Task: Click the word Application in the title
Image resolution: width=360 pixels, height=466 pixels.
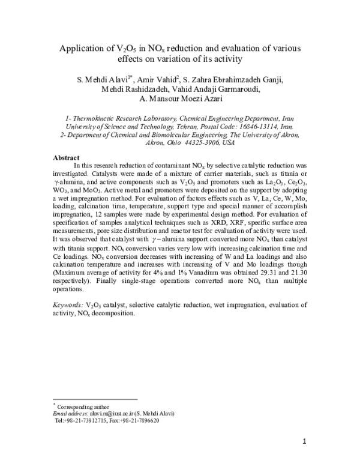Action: (89, 48)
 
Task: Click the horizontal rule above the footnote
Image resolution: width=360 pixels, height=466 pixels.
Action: (95, 399)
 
